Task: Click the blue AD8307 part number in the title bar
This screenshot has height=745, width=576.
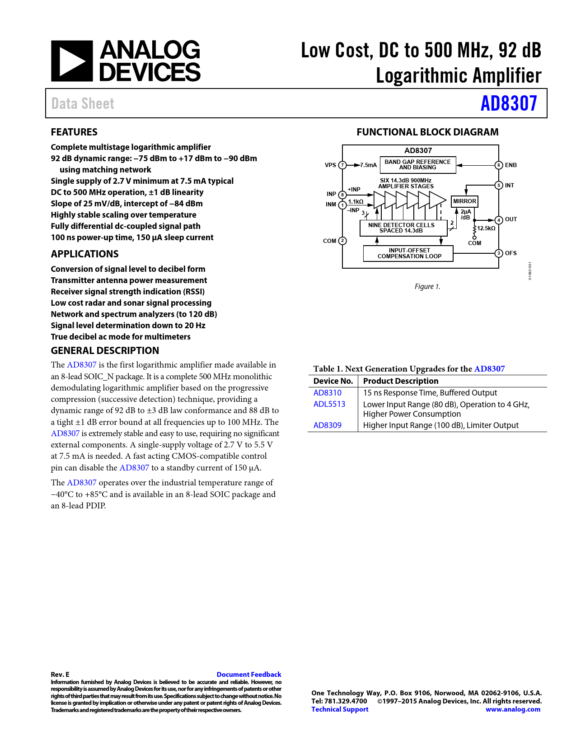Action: pos(509,103)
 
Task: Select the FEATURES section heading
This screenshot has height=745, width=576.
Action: pos(74,132)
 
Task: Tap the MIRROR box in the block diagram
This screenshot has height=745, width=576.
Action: pos(464,201)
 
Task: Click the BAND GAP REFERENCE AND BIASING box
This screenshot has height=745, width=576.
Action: pos(417,165)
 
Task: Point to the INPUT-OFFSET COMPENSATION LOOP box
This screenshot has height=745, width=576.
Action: pos(409,253)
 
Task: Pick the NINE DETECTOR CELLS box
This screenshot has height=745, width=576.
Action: pos(401,228)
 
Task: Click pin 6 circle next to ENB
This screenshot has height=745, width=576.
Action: pos(499,165)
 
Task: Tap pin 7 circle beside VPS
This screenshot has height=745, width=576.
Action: pos(342,165)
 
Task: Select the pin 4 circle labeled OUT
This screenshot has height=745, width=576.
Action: pos(499,220)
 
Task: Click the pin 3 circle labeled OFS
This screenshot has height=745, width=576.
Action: pos(499,253)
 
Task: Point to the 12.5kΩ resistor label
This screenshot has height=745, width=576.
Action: pos(487,228)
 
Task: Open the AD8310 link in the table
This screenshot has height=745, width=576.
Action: pos(328,393)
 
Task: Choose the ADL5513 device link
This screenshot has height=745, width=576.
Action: pos(329,404)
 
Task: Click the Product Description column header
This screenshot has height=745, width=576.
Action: pos(401,381)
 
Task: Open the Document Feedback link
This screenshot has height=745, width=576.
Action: pos(249,675)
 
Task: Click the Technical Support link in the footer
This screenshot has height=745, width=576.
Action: pos(340,709)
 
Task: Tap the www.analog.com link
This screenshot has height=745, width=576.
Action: pos(513,709)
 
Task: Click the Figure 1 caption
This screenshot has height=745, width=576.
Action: pos(427,287)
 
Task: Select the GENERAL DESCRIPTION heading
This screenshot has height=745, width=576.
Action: pos(105,351)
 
